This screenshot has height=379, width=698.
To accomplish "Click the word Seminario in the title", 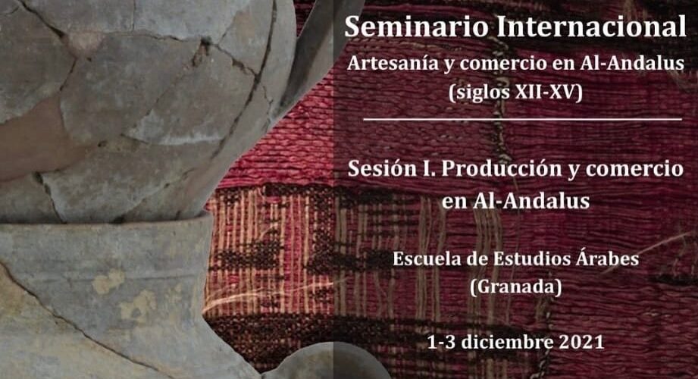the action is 416,27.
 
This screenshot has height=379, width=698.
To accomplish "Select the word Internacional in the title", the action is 591,27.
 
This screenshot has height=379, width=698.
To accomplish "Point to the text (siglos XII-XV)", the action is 515,93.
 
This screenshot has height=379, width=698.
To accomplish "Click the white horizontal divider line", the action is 523,119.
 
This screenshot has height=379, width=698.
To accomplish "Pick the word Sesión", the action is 383,169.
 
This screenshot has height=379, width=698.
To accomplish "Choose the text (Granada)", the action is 516,287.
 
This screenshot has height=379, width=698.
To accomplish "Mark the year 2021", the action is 581,342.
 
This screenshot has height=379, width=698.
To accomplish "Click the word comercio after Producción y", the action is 634,169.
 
